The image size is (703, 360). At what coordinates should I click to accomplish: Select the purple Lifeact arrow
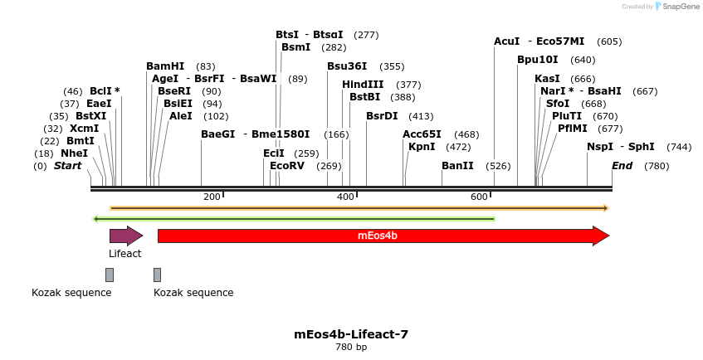coord(125,236)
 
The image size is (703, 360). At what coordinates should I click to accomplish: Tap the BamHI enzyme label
coord(165,66)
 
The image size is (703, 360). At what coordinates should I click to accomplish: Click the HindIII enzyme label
coord(363,85)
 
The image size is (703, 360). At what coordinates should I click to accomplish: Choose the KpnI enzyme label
coord(422,147)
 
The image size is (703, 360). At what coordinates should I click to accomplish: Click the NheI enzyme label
coord(74,153)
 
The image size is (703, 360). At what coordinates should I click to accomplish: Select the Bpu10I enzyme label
coord(538,60)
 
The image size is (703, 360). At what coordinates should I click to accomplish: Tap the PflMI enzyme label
coord(573,129)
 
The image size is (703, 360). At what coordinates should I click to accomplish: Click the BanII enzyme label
coord(457,166)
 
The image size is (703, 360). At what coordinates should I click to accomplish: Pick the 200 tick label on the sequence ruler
coord(212,197)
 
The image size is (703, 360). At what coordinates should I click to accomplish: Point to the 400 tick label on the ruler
coord(345,197)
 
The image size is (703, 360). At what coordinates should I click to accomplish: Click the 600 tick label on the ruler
coord(479,197)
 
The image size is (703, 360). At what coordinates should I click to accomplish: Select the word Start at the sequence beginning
coord(68,166)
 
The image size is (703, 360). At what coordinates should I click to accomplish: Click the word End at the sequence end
coord(622,166)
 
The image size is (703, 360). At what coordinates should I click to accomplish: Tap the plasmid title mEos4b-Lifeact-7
coord(351,334)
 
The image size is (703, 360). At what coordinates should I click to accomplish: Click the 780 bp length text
coord(351,348)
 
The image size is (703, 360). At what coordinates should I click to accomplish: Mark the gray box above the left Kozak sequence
coord(110,275)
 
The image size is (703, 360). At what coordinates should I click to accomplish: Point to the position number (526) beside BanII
coord(498,166)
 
